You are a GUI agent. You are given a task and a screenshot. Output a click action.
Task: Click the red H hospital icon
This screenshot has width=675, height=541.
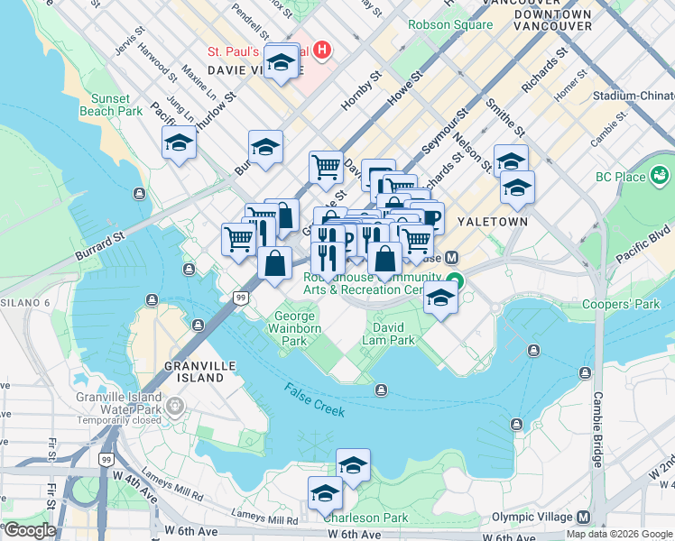tap(322, 50)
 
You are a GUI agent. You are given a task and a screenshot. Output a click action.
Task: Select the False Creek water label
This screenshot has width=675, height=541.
tap(315, 399)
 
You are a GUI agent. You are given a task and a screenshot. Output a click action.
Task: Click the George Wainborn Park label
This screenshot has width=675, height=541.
tap(295, 329)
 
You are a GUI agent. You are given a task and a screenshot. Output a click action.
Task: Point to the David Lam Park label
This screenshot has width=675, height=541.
tap(388, 334)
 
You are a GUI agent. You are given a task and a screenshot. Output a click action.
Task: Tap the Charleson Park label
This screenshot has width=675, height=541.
tap(365, 518)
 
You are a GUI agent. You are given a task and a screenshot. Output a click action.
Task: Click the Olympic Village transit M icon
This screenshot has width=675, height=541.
tap(583, 517)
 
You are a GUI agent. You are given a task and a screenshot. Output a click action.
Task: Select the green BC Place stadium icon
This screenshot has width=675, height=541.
tap(660, 173)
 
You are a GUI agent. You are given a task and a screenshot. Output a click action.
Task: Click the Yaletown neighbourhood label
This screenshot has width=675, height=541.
tap(485, 220)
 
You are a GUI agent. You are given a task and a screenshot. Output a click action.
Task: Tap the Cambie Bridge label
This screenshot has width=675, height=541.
tap(596, 429)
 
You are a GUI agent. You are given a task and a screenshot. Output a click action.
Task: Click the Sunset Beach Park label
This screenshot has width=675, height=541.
tap(116, 104)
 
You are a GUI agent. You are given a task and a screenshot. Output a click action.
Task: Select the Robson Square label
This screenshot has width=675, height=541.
tap(450, 24)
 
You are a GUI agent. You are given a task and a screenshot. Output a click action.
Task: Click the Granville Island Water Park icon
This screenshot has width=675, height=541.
tap(175, 408)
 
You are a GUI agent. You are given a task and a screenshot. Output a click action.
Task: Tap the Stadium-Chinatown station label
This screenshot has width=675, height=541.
tap(633, 96)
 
